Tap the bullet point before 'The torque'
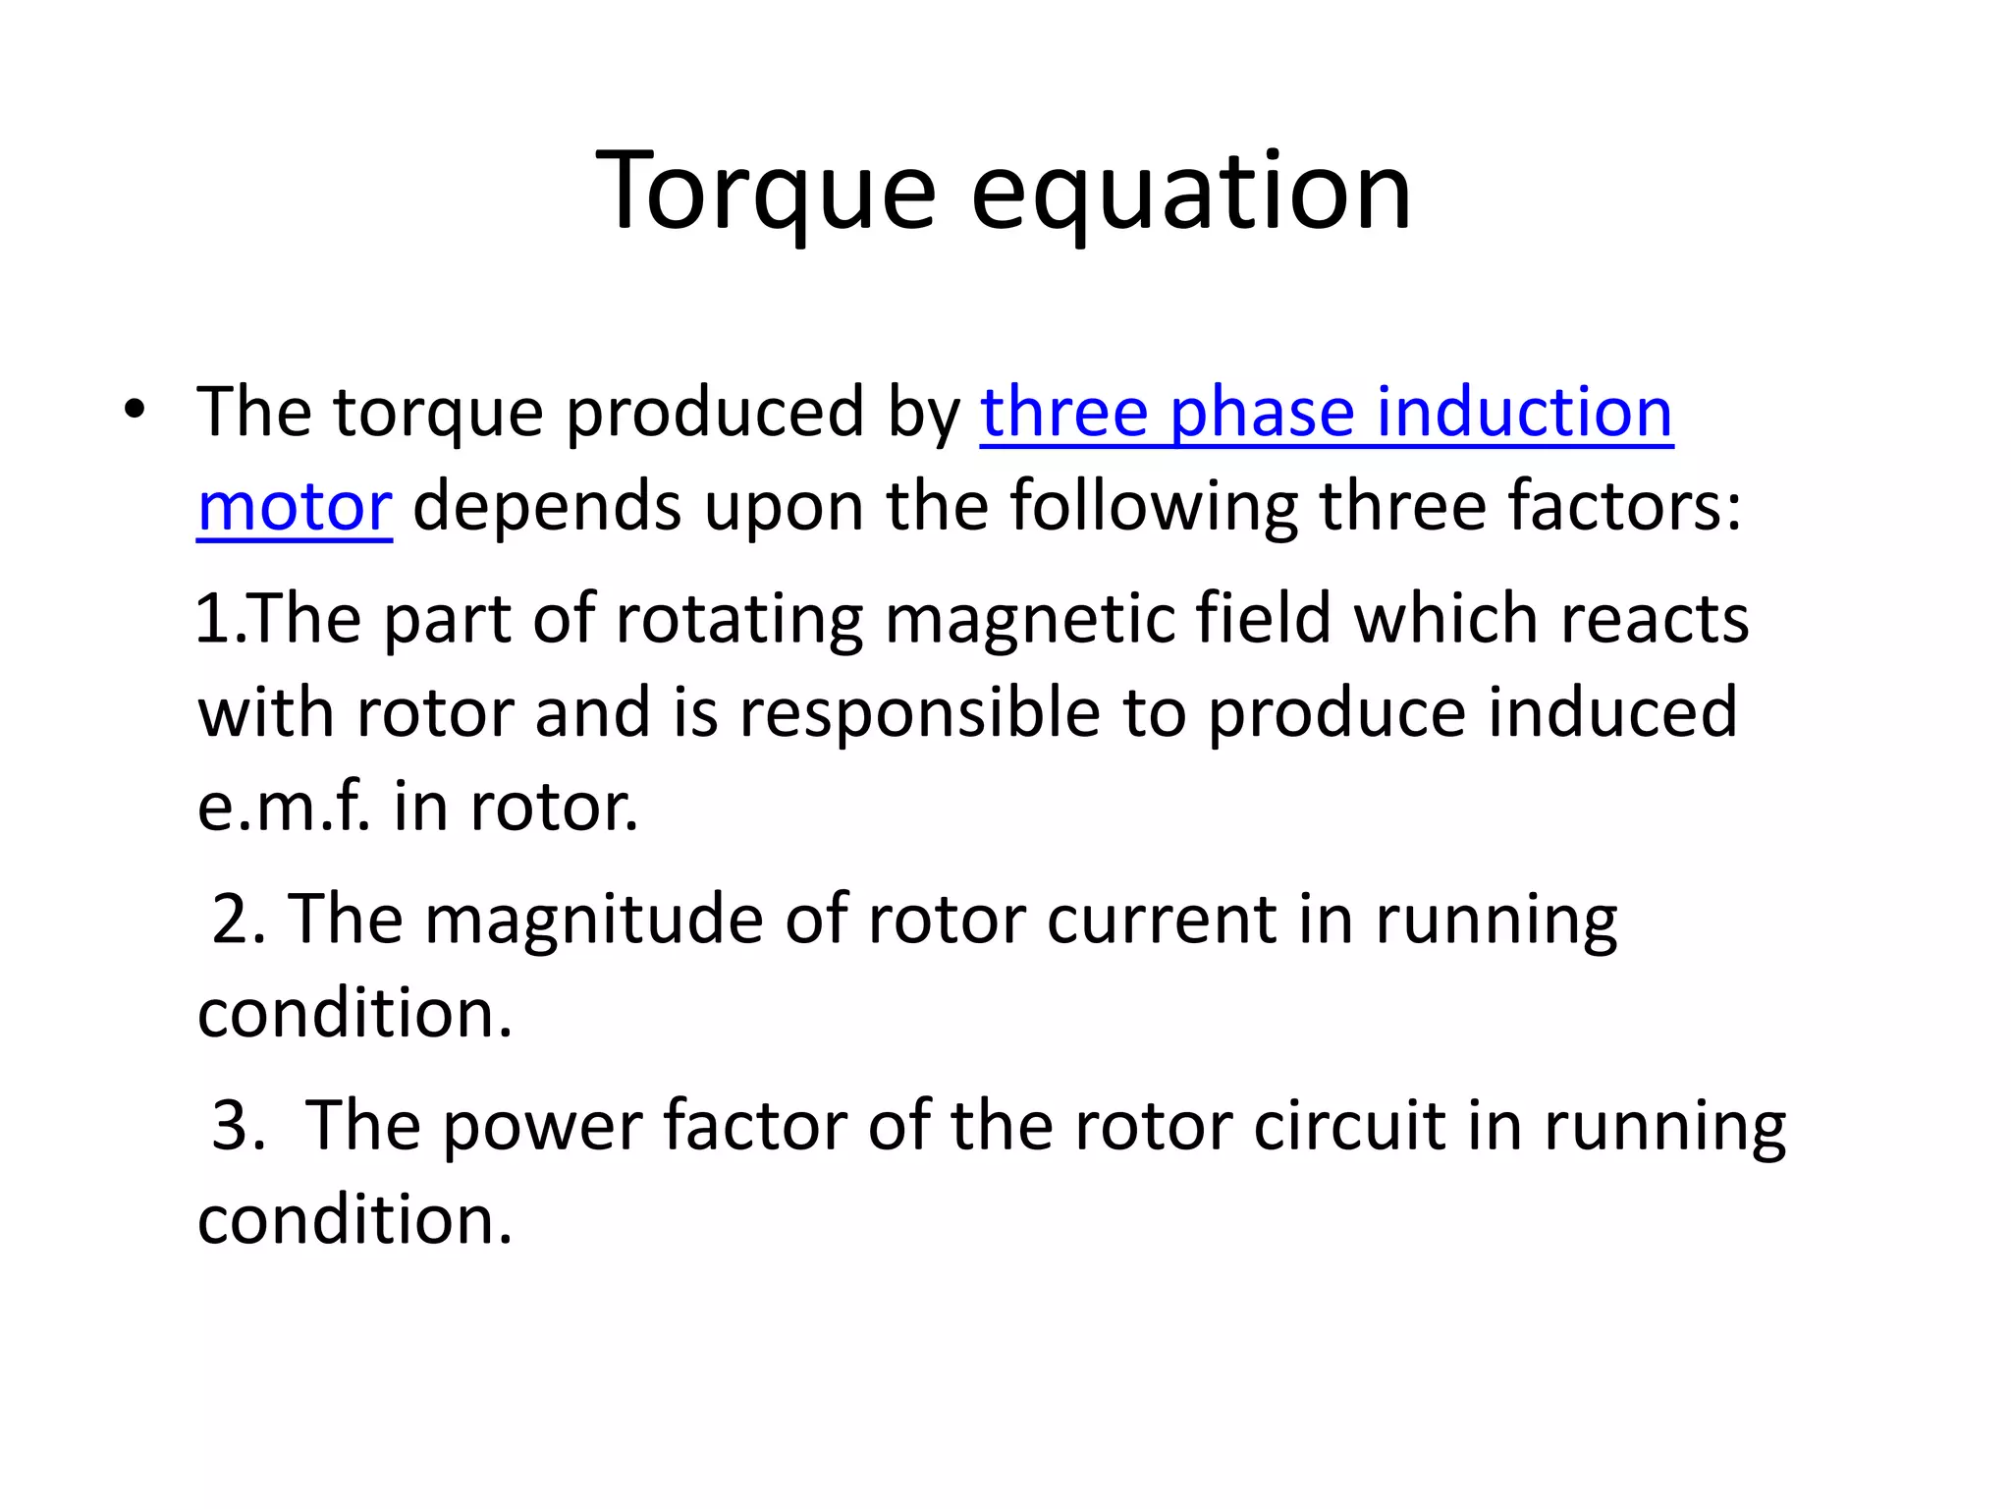[135, 410]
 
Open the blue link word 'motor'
[295, 507]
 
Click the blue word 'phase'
[1261, 413]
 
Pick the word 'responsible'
[919, 713]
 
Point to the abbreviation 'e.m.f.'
[285, 808]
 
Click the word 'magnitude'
[593, 920]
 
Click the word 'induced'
[1612, 713]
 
